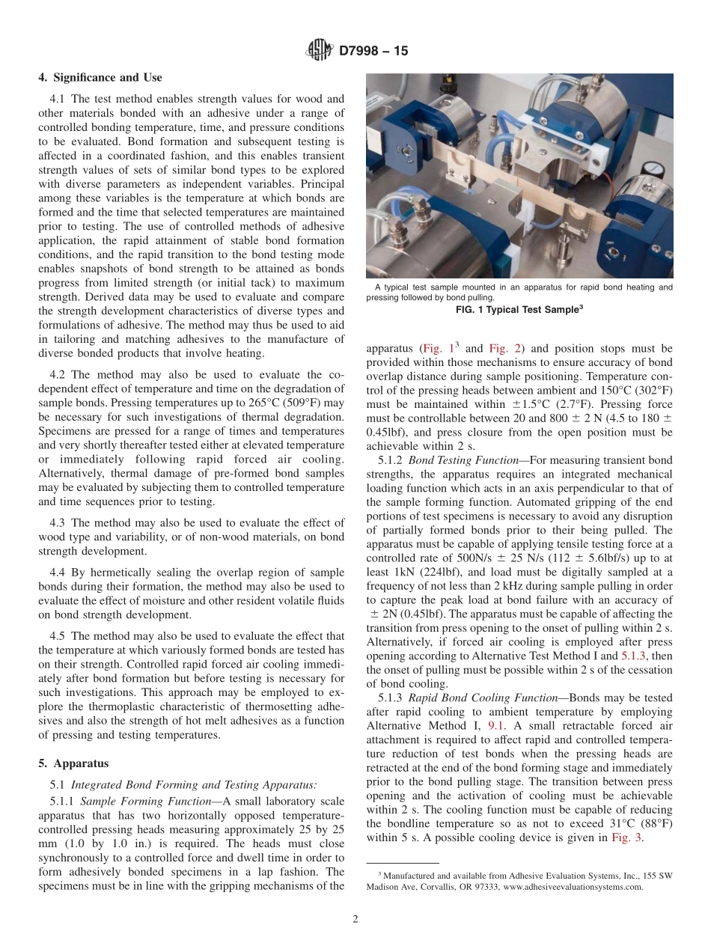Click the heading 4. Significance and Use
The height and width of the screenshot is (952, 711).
point(100,77)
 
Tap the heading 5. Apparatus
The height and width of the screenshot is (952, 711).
point(73,763)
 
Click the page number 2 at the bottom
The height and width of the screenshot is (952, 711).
point(355,920)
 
